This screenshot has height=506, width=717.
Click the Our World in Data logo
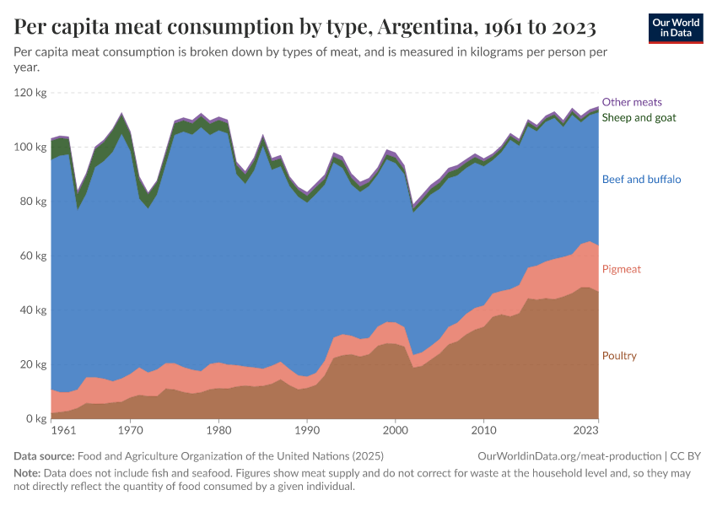click(x=676, y=28)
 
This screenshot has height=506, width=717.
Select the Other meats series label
click(x=632, y=102)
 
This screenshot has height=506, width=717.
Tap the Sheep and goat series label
click(x=639, y=117)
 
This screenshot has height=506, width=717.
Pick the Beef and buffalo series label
click(x=641, y=180)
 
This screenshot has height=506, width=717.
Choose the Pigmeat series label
click(x=621, y=269)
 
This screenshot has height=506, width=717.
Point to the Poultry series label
click(x=619, y=356)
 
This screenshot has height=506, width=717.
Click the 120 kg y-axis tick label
click(x=30, y=93)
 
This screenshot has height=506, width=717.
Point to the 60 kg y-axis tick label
click(x=33, y=256)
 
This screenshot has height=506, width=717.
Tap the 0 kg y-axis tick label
click(x=36, y=418)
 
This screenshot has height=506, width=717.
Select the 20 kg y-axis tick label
click(x=33, y=364)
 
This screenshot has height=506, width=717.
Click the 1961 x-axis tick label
click(x=62, y=431)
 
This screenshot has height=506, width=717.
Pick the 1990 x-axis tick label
click(x=307, y=431)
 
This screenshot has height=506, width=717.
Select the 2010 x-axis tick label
click(x=483, y=431)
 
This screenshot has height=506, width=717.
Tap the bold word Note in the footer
click(x=27, y=472)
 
